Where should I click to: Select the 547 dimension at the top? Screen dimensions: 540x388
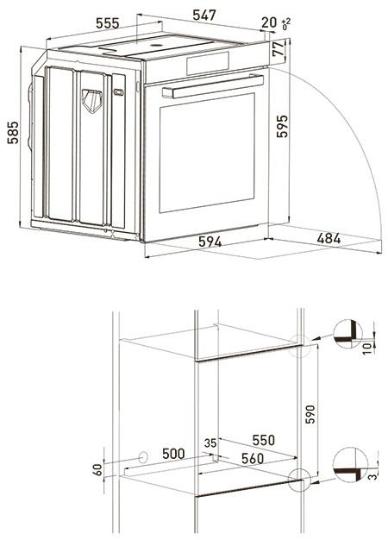203,15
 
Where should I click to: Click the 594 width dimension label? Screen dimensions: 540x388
204,242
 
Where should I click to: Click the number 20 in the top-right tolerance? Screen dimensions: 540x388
268,22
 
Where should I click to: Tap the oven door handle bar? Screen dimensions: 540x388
212,88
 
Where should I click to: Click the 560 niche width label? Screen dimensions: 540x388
252,459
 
